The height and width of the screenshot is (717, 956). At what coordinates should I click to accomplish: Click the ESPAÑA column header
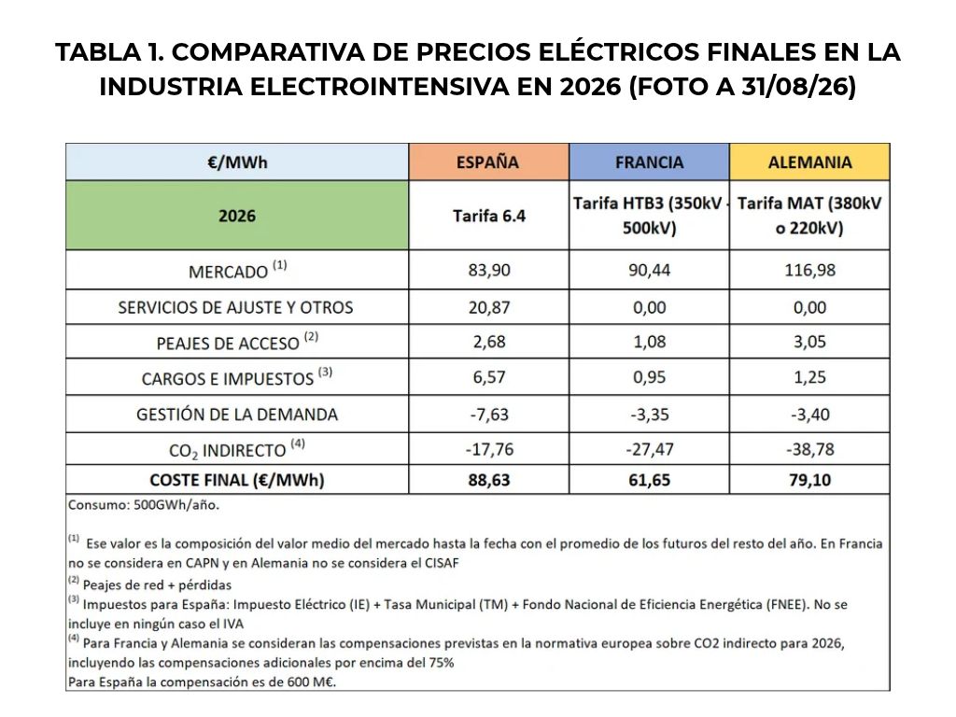(488, 162)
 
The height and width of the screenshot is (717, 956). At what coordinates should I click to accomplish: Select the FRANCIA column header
(650, 162)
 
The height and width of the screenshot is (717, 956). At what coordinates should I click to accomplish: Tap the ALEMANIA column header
(809, 162)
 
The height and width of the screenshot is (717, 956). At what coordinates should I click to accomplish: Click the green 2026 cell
(237, 216)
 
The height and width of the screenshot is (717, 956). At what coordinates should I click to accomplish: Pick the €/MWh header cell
(237, 162)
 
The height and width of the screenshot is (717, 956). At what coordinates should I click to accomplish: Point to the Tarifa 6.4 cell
(489, 216)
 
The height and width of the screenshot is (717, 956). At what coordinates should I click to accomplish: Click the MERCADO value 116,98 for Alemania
(809, 270)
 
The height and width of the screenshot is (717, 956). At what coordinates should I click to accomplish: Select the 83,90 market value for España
(489, 270)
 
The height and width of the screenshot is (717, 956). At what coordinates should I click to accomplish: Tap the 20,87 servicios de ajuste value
(489, 307)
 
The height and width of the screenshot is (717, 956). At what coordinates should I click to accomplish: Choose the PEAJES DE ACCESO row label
(237, 342)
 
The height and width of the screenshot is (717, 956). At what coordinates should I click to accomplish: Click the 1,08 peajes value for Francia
(650, 342)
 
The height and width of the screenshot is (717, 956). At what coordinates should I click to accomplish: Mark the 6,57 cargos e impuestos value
(489, 377)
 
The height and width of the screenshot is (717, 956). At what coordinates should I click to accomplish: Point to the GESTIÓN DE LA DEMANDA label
(237, 415)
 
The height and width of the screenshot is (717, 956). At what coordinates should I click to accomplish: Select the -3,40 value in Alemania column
(809, 415)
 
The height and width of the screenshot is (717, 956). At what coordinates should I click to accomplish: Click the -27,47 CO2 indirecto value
(650, 449)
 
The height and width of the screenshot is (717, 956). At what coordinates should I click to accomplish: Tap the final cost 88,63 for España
(489, 480)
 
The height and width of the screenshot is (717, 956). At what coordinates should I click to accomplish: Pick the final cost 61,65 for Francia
(650, 480)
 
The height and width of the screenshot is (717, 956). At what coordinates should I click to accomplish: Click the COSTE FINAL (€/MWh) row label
(237, 480)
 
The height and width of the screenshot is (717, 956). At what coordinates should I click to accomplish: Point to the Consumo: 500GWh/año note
(143, 505)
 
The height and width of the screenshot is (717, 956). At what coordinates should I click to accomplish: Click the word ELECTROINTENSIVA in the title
(379, 87)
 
